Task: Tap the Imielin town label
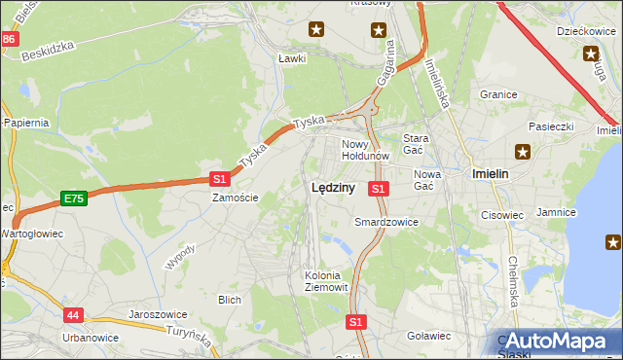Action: pyautogui.click(x=492, y=172)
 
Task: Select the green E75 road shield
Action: pyautogui.click(x=72, y=198)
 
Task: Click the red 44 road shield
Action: pyautogui.click(x=75, y=315)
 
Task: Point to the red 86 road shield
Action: pyautogui.click(x=10, y=39)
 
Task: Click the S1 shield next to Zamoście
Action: pyautogui.click(x=219, y=179)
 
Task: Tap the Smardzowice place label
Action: pyautogui.click(x=386, y=222)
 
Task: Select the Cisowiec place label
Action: pyautogui.click(x=502, y=215)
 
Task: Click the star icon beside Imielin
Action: pyautogui.click(x=524, y=151)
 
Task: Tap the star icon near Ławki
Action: pyautogui.click(x=316, y=30)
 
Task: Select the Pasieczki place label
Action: pyautogui.click(x=552, y=126)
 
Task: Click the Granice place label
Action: pyautogui.click(x=497, y=95)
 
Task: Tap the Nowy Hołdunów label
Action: pyautogui.click(x=366, y=149)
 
